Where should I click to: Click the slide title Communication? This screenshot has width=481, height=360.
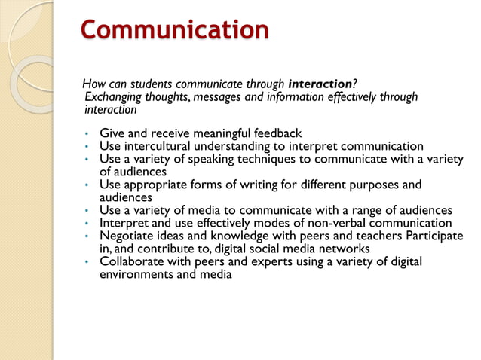coord(174,31)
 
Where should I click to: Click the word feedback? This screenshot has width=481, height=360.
coord(277,133)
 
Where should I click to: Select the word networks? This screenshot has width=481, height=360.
coord(343,249)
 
